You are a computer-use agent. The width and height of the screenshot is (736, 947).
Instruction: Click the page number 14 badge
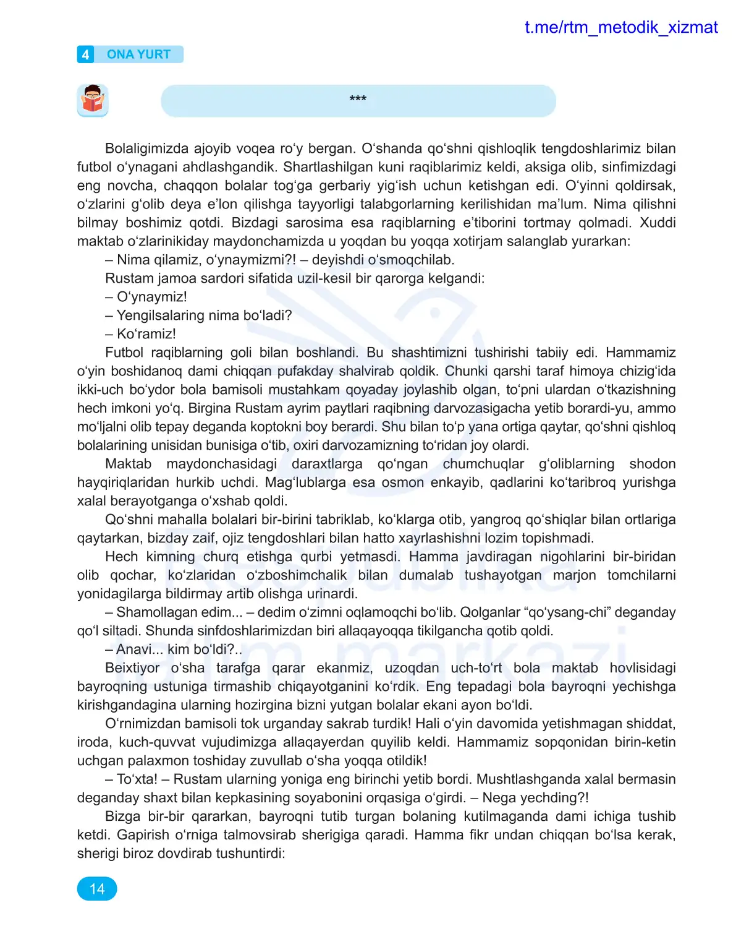coord(97,889)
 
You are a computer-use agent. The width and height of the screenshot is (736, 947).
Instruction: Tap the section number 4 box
coord(85,54)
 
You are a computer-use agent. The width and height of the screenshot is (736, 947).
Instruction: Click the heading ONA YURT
coord(138,54)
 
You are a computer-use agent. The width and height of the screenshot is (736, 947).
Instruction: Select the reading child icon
coord(93,100)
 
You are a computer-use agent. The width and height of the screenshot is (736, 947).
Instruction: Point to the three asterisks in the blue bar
coord(358,99)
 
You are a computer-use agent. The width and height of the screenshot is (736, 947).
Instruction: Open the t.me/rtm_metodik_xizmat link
coord(620,27)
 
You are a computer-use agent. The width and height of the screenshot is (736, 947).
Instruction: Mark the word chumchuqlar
coord(483,464)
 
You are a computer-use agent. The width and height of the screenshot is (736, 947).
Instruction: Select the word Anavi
coord(133,649)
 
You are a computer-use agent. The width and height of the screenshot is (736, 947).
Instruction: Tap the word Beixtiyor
coord(132,668)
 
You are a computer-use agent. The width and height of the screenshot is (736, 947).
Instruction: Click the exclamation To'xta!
coord(137,779)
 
